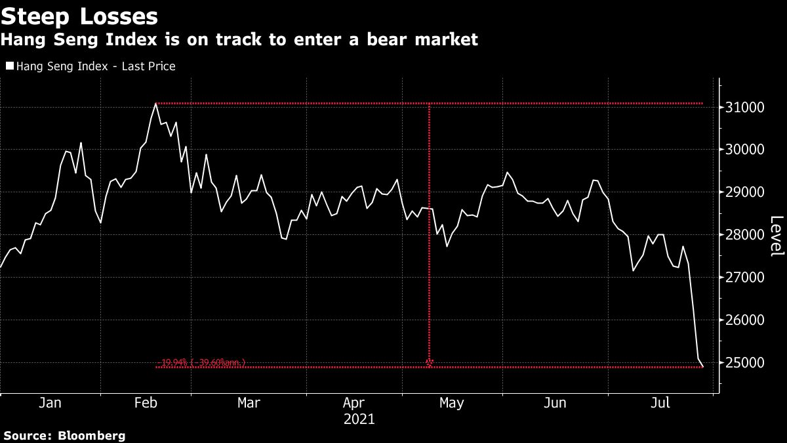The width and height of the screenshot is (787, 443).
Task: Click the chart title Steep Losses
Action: point(80,16)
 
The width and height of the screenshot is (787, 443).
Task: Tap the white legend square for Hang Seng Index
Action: point(9,66)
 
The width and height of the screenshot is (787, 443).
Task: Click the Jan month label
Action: point(50,403)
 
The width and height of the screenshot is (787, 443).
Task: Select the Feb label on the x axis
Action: point(145,403)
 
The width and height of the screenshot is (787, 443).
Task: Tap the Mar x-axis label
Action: point(249,403)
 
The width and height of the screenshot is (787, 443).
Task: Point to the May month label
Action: point(452,403)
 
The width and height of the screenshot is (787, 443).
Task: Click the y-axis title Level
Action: point(776,235)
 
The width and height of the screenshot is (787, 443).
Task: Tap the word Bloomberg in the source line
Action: point(93,435)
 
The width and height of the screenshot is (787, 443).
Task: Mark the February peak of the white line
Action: point(155,104)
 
